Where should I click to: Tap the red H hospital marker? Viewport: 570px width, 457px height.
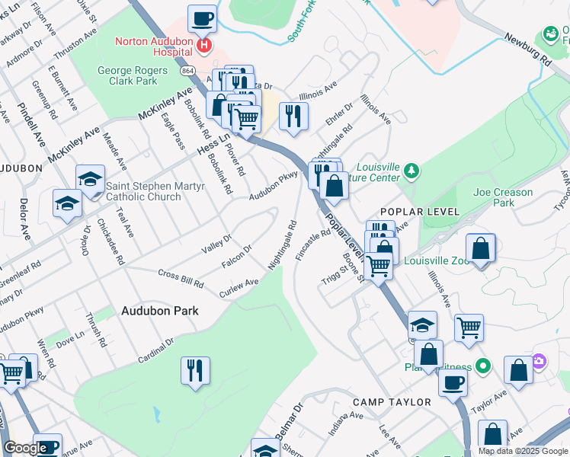[203, 46]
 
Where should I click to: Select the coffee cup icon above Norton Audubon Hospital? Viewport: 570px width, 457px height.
[202, 18]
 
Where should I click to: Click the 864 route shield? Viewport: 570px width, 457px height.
[187, 70]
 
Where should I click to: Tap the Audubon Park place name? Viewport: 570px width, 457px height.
[160, 311]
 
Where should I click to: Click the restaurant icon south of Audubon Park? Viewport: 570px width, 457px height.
[195, 371]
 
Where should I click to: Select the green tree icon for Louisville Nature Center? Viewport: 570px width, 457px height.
[411, 170]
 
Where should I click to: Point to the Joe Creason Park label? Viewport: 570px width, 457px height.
[503, 197]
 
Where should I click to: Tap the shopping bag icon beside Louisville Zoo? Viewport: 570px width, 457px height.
[480, 248]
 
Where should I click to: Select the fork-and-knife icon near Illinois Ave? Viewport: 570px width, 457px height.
[293, 116]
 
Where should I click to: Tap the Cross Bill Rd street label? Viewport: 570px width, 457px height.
[181, 278]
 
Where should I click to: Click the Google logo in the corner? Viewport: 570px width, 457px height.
[24, 448]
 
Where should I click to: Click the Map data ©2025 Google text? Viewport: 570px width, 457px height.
[523, 451]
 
